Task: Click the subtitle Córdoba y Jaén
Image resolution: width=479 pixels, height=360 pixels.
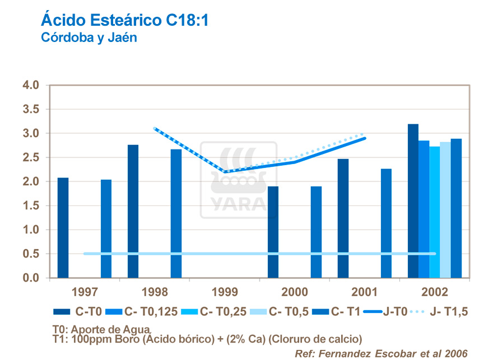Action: click(x=89, y=38)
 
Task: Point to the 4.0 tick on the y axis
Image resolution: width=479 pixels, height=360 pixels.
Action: click(x=31, y=86)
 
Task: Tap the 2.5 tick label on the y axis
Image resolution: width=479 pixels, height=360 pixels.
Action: click(x=31, y=158)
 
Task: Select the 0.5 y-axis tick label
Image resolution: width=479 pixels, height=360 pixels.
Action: click(x=31, y=254)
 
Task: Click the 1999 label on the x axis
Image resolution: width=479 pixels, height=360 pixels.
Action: click(x=224, y=292)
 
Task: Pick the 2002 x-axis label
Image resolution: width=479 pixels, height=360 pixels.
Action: click(x=435, y=292)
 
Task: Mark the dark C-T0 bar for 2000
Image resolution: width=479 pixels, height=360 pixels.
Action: click(x=273, y=232)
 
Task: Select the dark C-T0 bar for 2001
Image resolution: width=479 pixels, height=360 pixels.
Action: click(x=343, y=218)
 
